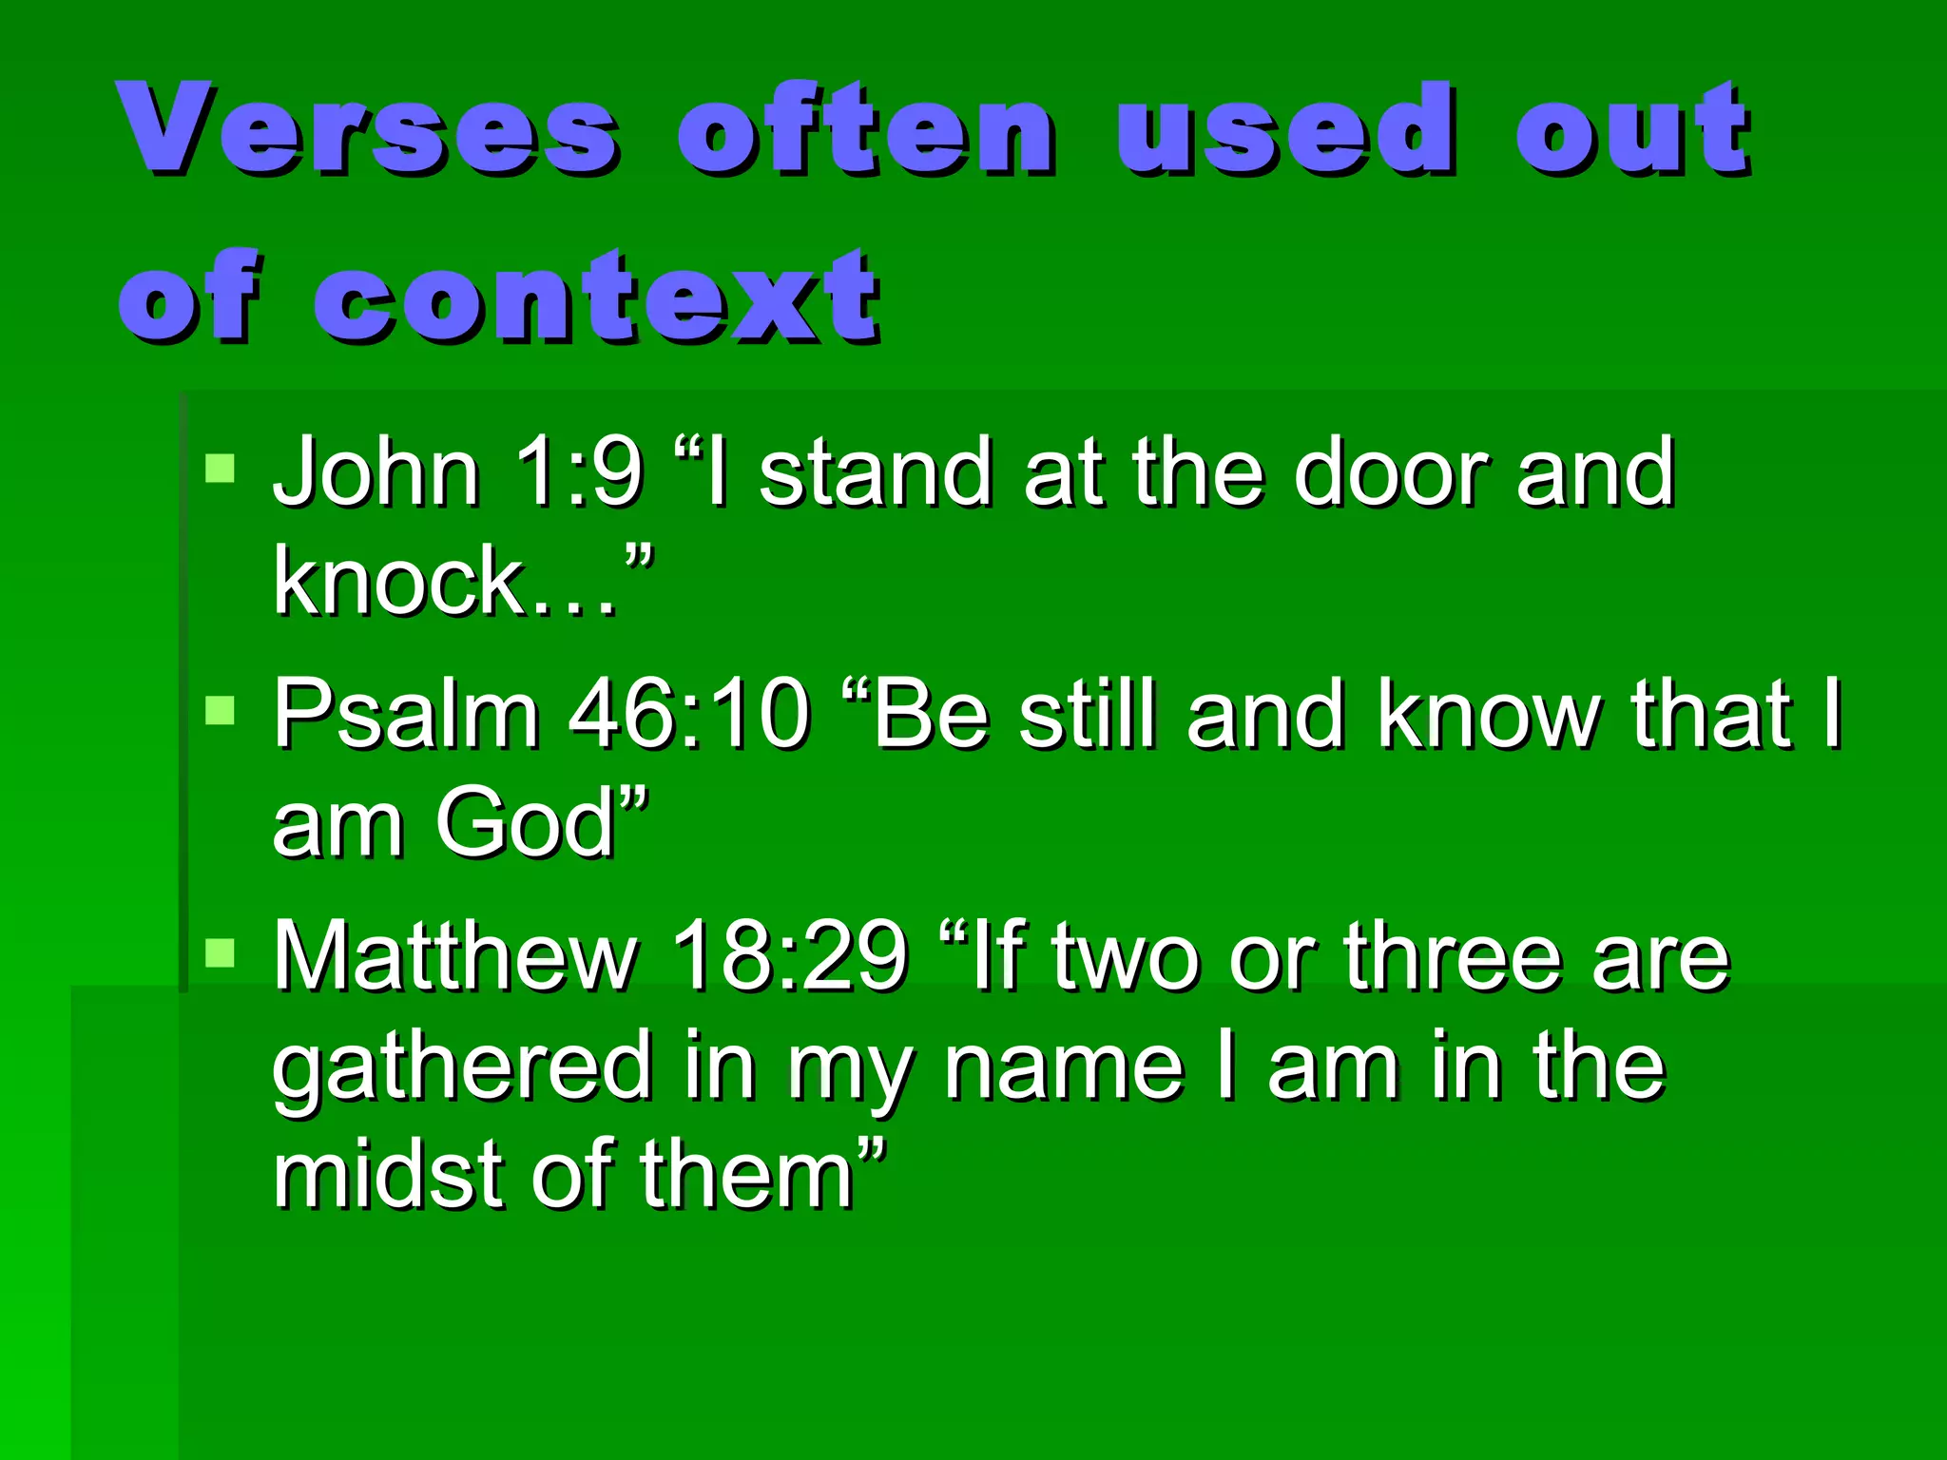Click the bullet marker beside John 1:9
(220, 469)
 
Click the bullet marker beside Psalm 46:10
(220, 710)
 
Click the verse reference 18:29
(789, 956)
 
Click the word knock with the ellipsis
(447, 582)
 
